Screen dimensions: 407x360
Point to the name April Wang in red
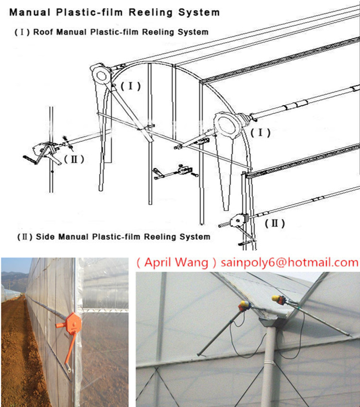click(177, 262)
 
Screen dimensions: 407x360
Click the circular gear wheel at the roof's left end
click(102, 75)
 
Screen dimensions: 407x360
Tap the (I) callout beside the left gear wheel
click(130, 86)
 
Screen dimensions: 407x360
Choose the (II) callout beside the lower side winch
click(277, 222)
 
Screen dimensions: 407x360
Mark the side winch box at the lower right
click(236, 222)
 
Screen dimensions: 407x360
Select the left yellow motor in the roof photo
click(244, 306)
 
